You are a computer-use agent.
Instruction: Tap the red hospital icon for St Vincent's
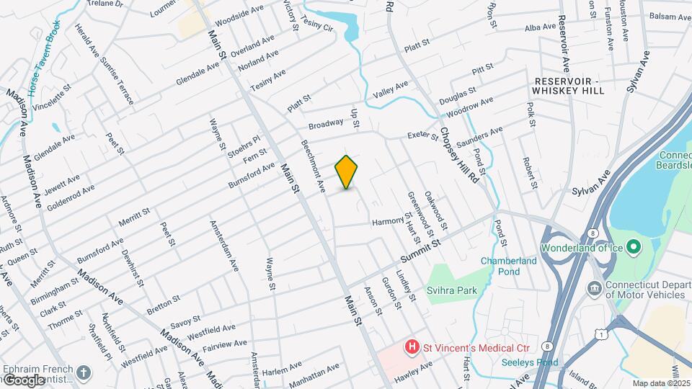412,347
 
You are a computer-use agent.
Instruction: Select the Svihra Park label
459,292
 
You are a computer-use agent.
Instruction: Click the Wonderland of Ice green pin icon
634,248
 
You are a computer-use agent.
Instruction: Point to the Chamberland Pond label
510,266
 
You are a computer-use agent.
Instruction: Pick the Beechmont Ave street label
313,166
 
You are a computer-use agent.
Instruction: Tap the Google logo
24,380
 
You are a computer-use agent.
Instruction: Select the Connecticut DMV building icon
595,289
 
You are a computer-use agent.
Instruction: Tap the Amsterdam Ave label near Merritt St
223,246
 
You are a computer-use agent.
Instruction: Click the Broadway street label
326,124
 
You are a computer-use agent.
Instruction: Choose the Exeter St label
423,135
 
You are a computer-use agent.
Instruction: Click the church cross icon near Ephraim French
84,372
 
